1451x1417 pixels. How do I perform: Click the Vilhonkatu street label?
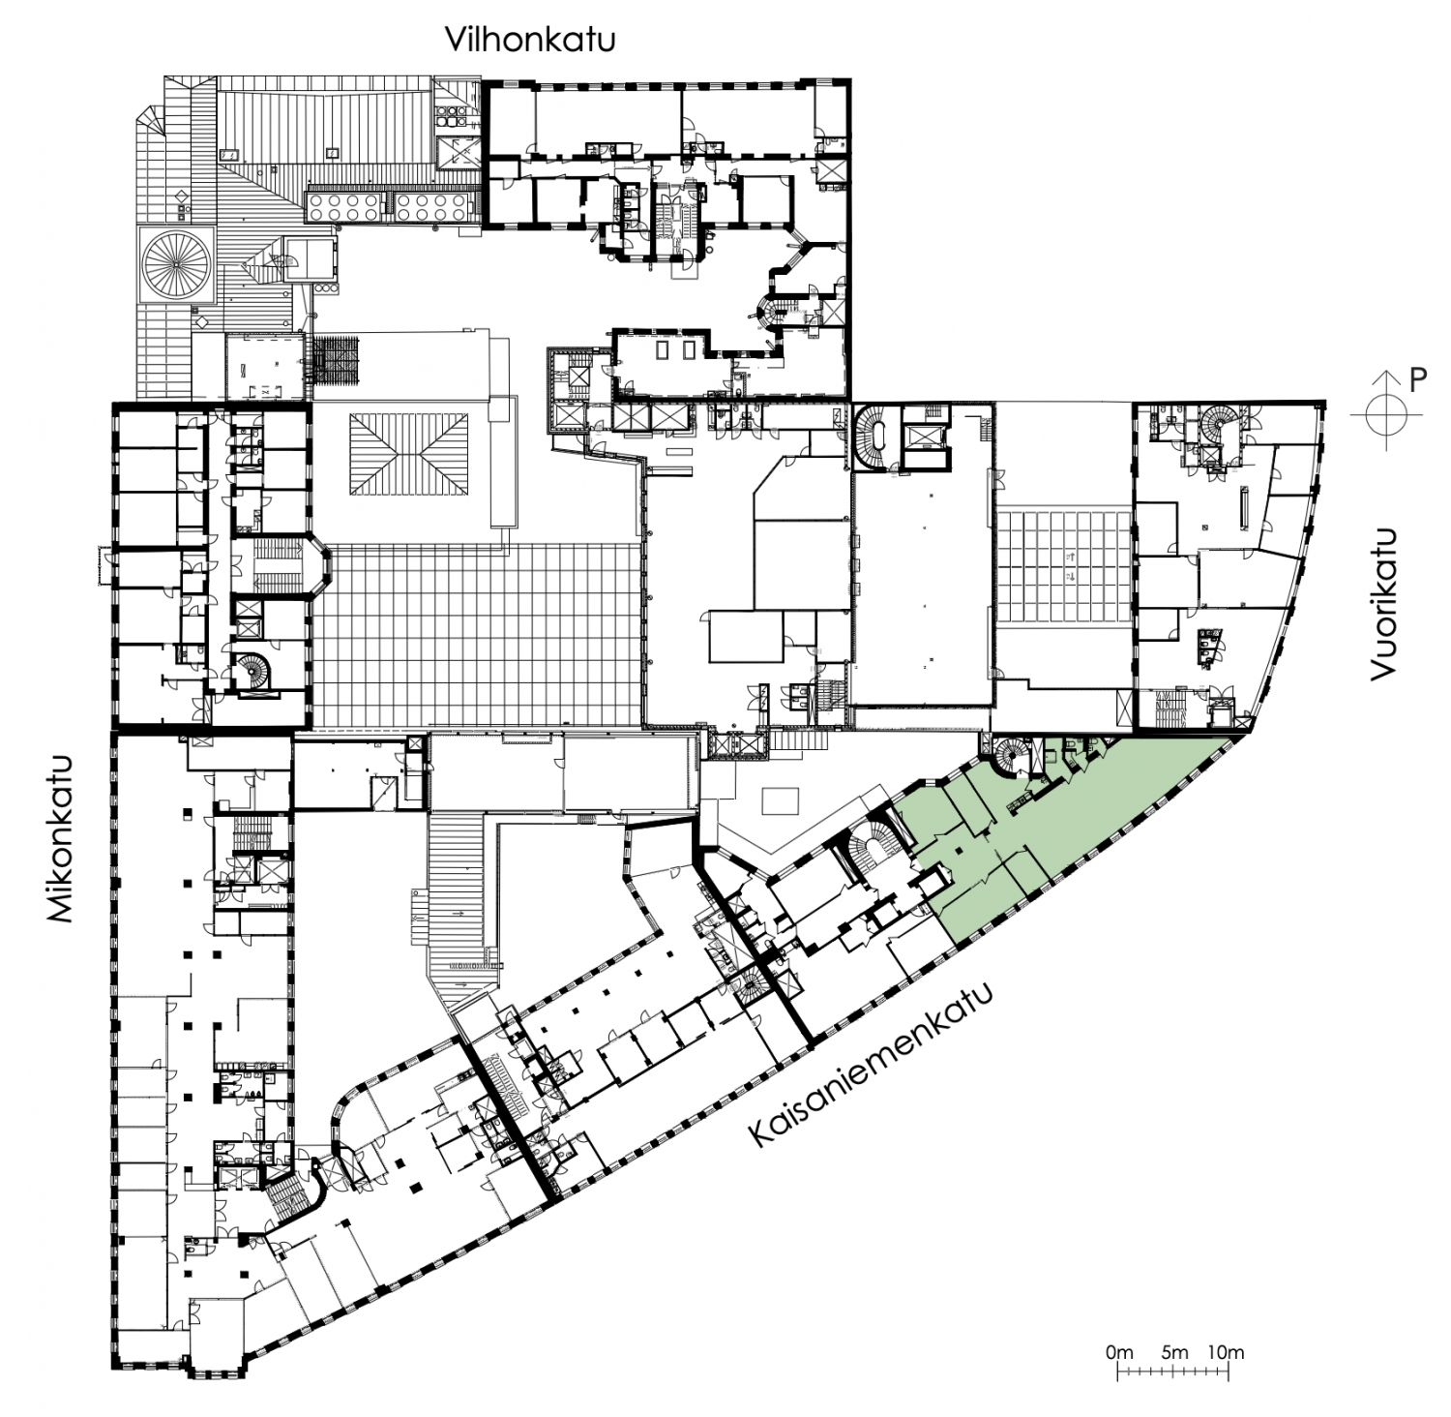tap(530, 40)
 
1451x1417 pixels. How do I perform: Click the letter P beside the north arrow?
tap(1418, 379)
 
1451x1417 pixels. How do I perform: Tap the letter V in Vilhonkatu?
tap(455, 41)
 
